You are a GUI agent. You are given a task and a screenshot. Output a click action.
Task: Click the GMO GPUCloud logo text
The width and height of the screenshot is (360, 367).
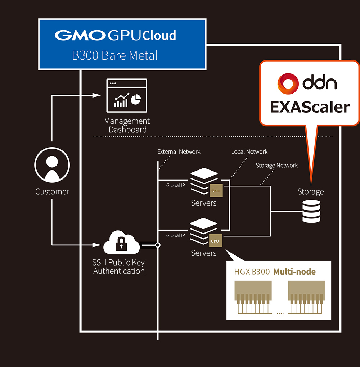pos(115,35)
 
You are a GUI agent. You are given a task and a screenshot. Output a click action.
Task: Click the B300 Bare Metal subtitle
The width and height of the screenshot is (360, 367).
pos(115,56)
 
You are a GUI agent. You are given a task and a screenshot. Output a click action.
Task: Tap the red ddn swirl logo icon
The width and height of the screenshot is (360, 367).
pos(288,83)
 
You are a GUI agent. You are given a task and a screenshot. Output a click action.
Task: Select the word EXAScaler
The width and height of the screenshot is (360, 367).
pos(310,107)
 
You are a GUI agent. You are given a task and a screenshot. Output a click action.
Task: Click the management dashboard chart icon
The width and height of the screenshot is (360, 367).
pos(126,96)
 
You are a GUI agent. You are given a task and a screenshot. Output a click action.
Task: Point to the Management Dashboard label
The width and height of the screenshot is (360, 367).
pos(127,125)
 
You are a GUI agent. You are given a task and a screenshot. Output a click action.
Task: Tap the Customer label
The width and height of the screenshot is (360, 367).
pos(52,191)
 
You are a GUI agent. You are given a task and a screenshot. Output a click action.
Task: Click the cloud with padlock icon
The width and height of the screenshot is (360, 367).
pos(122,243)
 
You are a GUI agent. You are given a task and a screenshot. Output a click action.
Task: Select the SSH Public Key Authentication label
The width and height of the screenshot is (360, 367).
pos(119,267)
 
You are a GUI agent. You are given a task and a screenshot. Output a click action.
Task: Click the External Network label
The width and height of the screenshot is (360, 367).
pos(179,151)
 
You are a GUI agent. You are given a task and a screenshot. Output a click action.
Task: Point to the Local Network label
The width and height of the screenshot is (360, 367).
pos(249,151)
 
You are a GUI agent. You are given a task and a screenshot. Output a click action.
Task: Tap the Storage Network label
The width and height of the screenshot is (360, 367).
pos(276,165)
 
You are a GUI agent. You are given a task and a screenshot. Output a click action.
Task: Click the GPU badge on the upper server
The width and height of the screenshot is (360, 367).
pos(215,191)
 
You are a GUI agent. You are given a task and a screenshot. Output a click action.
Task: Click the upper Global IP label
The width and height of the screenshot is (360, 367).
pos(175,186)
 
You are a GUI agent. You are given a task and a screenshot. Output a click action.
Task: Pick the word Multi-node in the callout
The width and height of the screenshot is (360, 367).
pos(294,272)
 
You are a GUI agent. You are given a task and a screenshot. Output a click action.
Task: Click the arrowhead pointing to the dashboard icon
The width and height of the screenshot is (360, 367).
pos(96,95)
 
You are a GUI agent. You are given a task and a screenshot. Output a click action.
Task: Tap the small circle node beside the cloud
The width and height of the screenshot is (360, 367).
pos(158,245)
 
